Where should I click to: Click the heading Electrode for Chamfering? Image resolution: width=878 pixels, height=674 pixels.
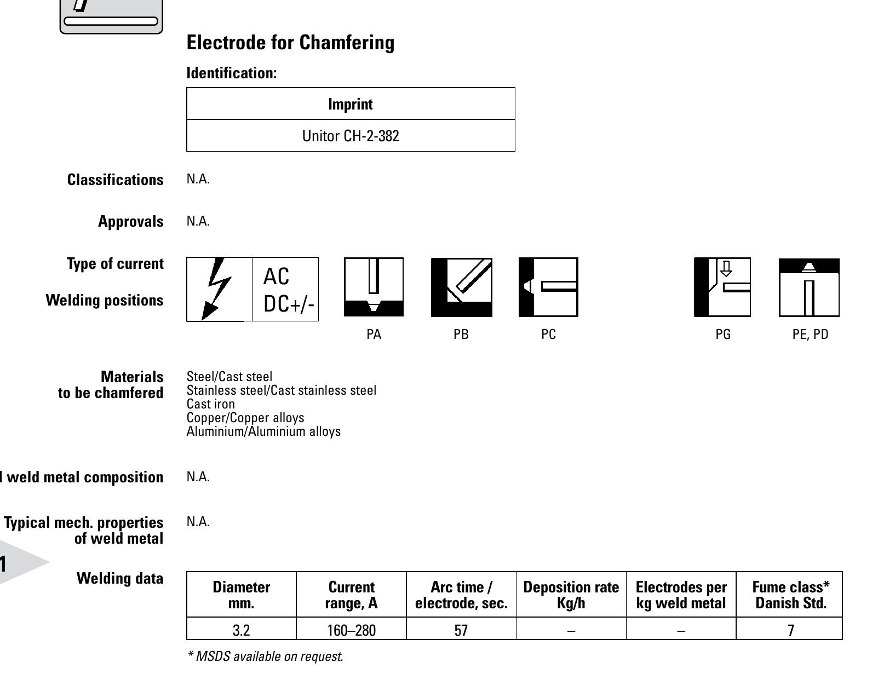tap(290, 43)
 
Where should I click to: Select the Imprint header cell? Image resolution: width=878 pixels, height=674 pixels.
tap(351, 104)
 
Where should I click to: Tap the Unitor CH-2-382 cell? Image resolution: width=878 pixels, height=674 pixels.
tap(351, 136)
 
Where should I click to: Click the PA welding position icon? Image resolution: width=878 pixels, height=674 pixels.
tap(374, 287)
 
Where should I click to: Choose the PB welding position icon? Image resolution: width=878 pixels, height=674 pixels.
tap(461, 287)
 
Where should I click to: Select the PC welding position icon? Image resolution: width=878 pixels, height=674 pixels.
tap(548, 287)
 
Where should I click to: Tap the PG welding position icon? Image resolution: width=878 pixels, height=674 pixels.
tap(722, 287)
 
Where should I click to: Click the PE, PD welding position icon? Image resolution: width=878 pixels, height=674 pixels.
tap(809, 287)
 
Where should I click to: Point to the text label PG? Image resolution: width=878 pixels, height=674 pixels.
tap(723, 335)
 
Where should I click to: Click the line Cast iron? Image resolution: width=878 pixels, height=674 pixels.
tap(211, 404)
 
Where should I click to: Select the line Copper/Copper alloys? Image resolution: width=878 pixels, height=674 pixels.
tap(245, 418)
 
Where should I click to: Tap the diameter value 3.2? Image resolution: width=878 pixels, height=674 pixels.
tap(241, 630)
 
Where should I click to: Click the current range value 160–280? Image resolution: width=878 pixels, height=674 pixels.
tap(351, 630)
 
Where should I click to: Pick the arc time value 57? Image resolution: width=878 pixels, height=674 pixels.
tap(461, 630)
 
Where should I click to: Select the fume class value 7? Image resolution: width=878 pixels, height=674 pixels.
tap(790, 630)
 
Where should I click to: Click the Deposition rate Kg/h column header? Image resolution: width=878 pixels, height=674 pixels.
tap(571, 595)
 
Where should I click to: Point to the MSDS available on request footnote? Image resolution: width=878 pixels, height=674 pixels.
tap(265, 656)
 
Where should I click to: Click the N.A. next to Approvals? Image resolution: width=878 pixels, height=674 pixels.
tap(198, 221)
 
